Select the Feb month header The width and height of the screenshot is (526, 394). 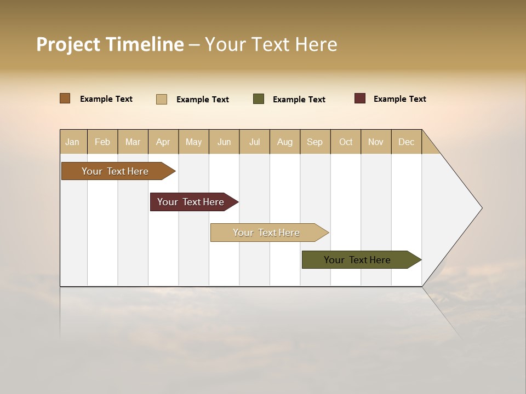tap(102, 142)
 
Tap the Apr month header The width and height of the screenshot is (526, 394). tap(163, 142)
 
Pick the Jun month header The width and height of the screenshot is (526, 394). tap(224, 142)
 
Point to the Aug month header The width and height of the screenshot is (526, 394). tap(285, 142)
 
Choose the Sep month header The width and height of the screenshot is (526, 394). tap(315, 142)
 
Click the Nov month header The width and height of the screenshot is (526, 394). tap(376, 142)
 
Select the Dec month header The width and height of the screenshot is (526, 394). tap(407, 142)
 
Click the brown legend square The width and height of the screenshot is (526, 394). tap(65, 99)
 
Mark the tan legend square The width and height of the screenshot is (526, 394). tap(162, 99)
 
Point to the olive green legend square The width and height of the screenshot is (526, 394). tap(259, 99)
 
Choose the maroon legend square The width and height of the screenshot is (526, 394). tap(360, 99)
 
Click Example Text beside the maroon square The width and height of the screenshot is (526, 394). tap(399, 99)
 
